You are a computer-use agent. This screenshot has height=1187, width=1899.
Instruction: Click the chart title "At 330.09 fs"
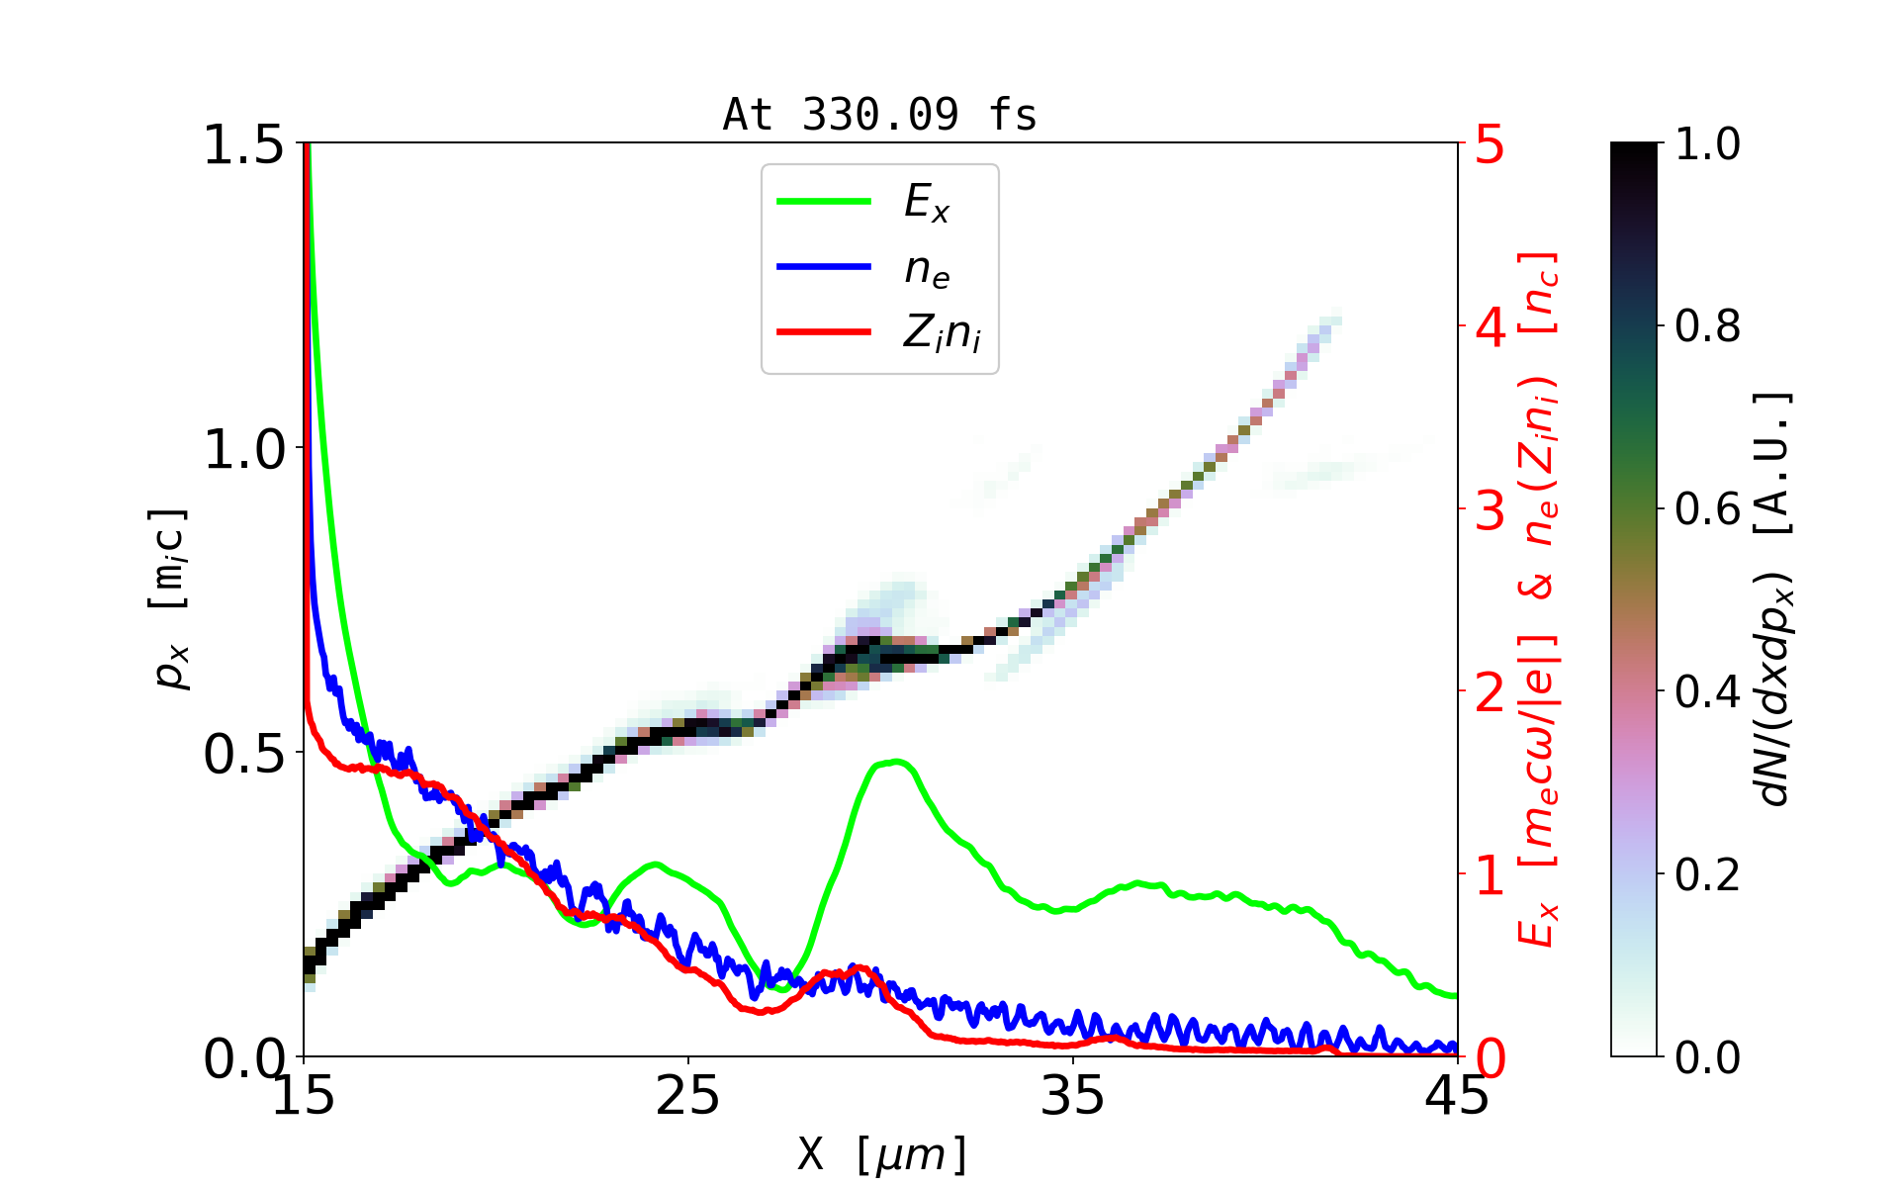click(x=879, y=116)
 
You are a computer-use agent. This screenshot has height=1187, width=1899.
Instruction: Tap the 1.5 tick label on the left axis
click(x=243, y=145)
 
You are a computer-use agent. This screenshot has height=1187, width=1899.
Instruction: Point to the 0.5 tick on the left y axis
click(x=243, y=755)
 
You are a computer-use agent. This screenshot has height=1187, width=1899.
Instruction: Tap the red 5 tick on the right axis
click(x=1491, y=145)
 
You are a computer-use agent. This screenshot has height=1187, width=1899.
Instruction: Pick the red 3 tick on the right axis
click(x=1491, y=510)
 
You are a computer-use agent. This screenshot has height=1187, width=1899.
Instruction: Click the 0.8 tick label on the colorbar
click(x=1707, y=326)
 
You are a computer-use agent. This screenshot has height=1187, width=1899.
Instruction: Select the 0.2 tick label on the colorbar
click(x=1707, y=874)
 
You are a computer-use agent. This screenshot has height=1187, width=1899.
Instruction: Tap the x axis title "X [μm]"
click(x=882, y=1153)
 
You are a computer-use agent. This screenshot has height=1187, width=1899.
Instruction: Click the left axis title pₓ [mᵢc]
click(x=170, y=598)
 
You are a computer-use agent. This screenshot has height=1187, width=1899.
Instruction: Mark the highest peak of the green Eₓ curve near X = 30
click(x=896, y=761)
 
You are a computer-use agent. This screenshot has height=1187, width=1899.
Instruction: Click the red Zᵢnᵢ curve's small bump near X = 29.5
click(x=859, y=968)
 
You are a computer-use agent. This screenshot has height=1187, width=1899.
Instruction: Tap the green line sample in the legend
click(x=824, y=202)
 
